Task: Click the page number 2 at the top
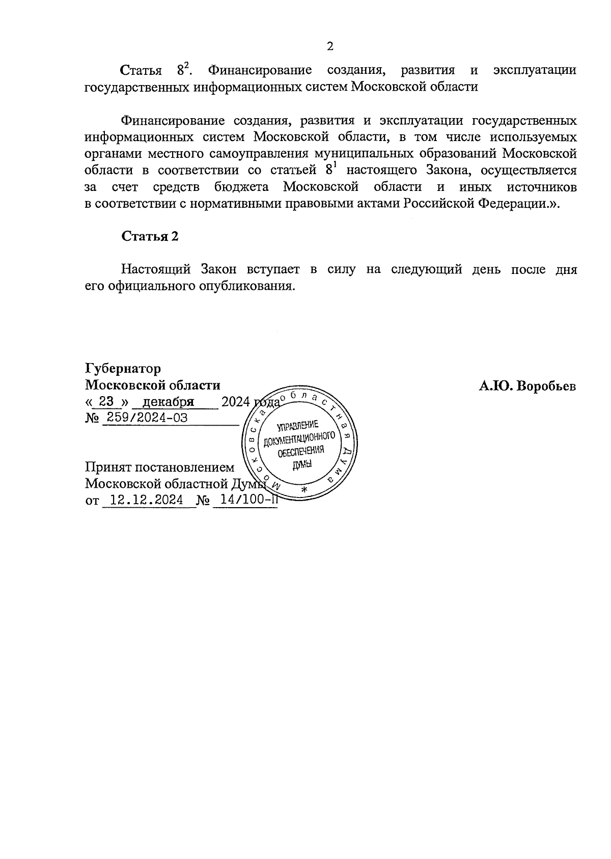coord(329,47)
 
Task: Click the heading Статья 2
coord(150,236)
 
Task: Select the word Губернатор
coord(123,368)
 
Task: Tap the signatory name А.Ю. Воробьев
coord(527,386)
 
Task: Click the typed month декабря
coord(169,401)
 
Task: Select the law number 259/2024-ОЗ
coord(146,418)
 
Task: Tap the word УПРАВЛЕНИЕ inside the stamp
coord(298,426)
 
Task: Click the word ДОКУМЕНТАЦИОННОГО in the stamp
coord(299,438)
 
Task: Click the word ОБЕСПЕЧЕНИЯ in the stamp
coord(301,451)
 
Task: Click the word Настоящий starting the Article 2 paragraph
coord(156,269)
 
